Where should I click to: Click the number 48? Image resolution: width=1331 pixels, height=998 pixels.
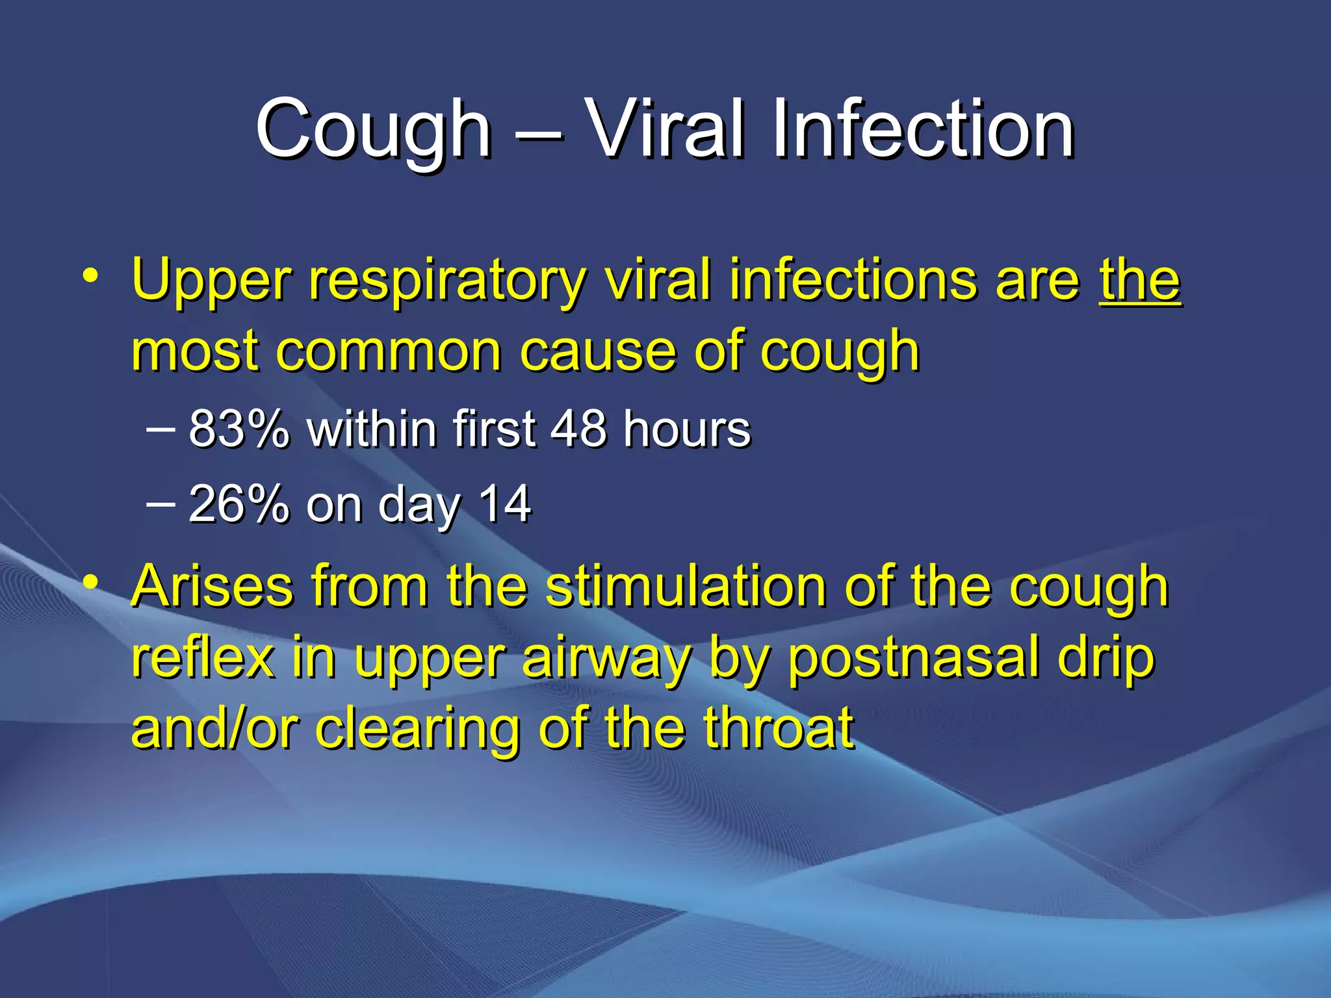(579, 429)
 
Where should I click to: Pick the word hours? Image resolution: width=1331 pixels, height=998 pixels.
(686, 429)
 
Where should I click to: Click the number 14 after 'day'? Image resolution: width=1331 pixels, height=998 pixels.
(505, 504)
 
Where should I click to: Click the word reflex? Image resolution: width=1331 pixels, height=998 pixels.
(202, 658)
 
